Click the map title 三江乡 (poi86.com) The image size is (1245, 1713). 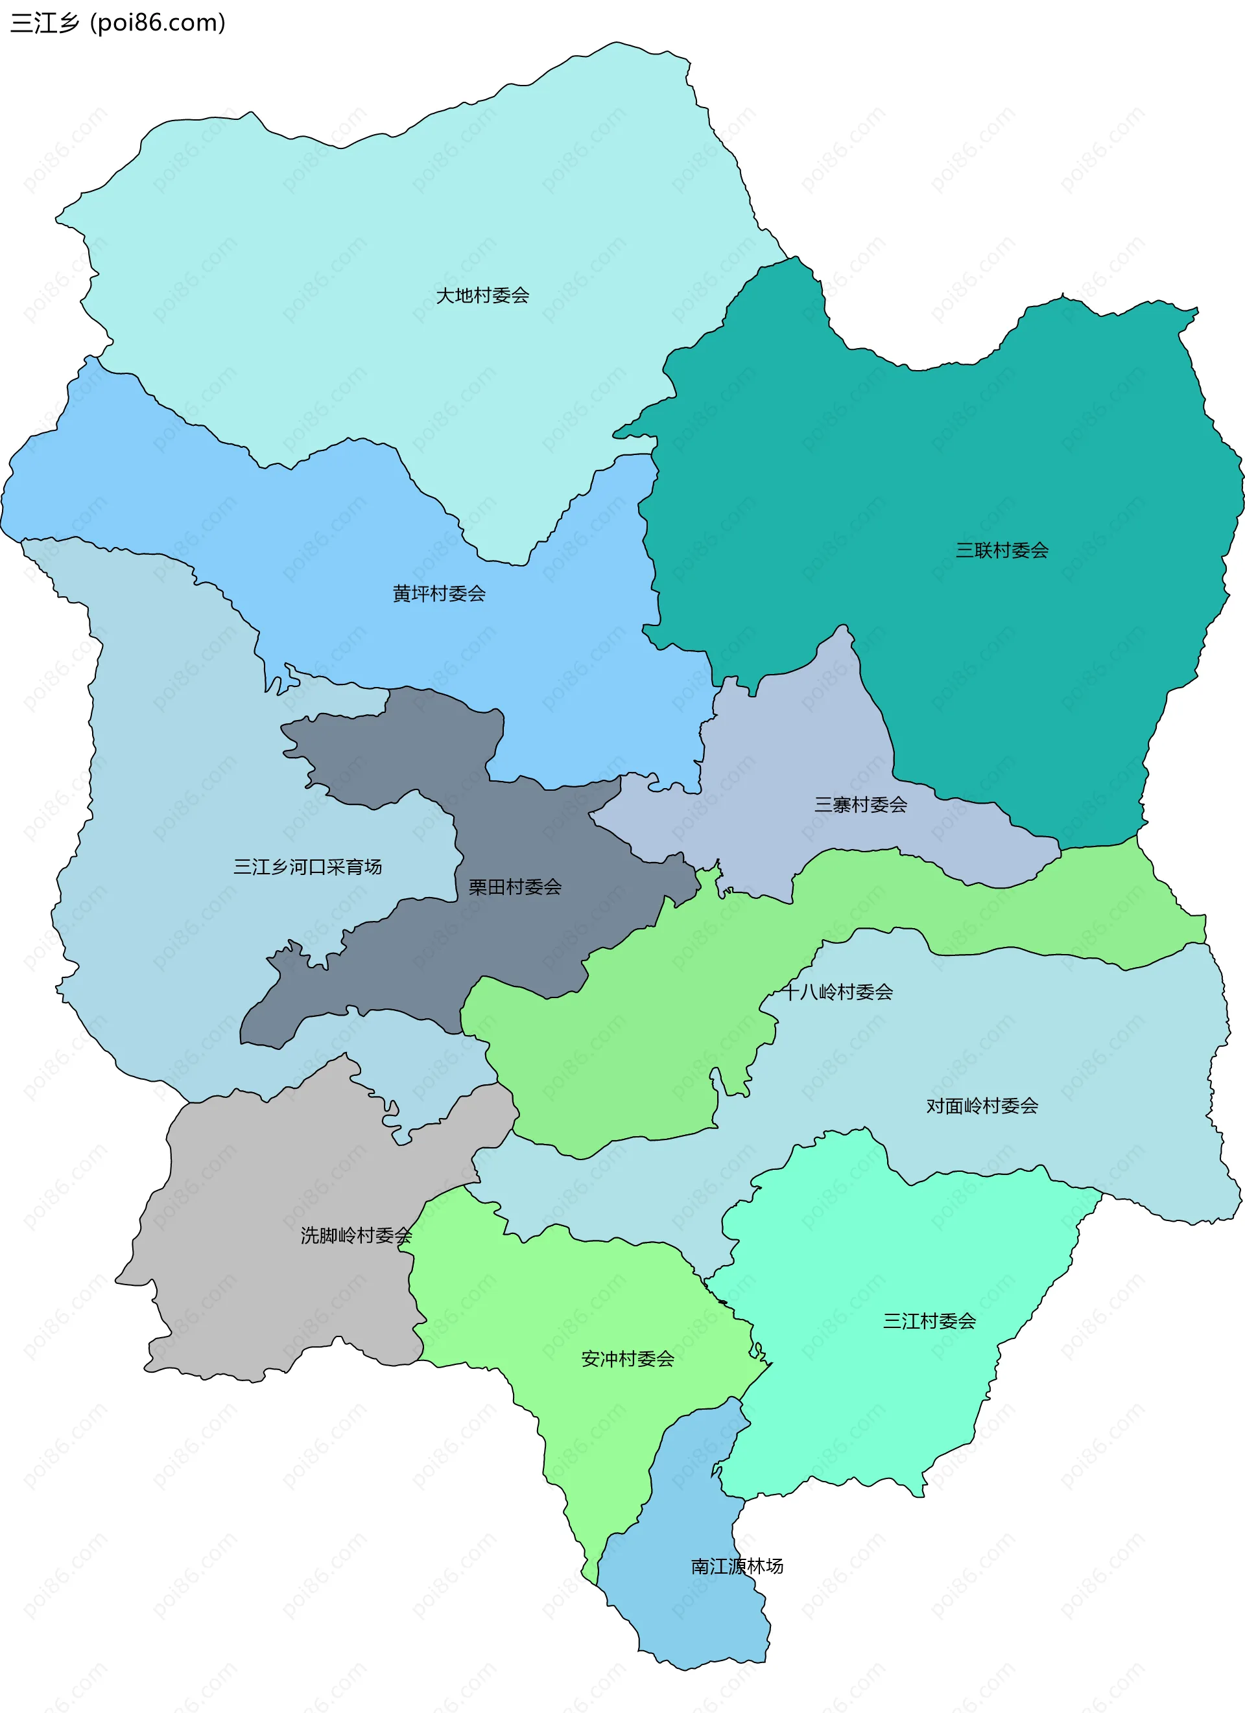[x=117, y=23]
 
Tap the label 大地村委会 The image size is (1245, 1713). [x=482, y=296]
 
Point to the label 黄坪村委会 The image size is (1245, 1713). [x=438, y=594]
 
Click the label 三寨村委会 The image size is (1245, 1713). [x=860, y=804]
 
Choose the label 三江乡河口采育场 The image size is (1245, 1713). [x=307, y=867]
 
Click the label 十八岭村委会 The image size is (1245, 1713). [x=836, y=992]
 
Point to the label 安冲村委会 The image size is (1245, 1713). [x=627, y=1358]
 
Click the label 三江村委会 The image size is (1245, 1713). [x=929, y=1321]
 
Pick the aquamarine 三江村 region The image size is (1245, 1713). [x=869, y=1397]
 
